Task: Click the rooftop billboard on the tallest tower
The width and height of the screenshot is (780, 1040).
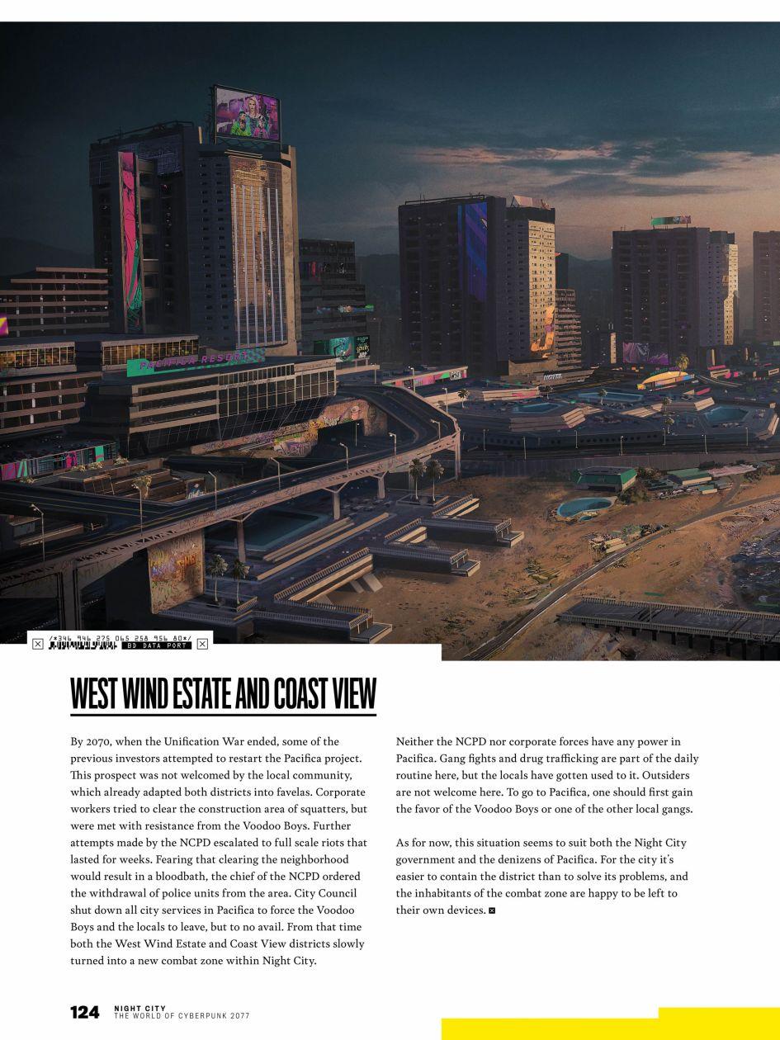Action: click(x=247, y=114)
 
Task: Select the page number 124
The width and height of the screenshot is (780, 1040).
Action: click(x=85, y=1012)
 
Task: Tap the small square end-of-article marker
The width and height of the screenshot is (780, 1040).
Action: click(x=492, y=910)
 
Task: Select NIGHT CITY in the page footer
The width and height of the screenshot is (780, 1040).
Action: click(x=139, y=1008)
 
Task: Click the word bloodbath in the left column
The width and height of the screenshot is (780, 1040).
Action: click(x=176, y=877)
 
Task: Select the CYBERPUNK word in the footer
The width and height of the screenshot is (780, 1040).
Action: click(x=199, y=1016)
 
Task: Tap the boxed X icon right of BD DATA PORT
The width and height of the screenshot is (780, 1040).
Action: click(x=202, y=644)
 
